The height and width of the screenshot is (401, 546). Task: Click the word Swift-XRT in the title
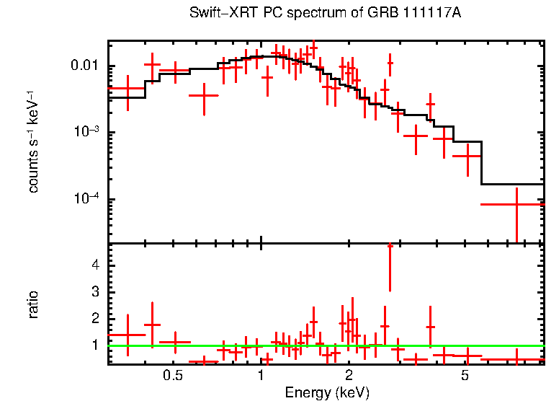[x=217, y=14]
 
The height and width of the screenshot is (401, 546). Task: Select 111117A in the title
[x=431, y=14]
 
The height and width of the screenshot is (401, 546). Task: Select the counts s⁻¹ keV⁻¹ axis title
[x=33, y=141]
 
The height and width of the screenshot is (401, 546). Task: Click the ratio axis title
[x=33, y=304]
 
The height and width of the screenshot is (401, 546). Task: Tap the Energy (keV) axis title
[x=326, y=392]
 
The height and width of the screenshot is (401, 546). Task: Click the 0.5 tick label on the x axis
[x=172, y=375]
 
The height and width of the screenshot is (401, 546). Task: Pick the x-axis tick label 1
[x=261, y=375]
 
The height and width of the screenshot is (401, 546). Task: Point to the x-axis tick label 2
[x=349, y=375]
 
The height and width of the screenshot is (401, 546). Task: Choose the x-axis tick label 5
[x=465, y=375]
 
